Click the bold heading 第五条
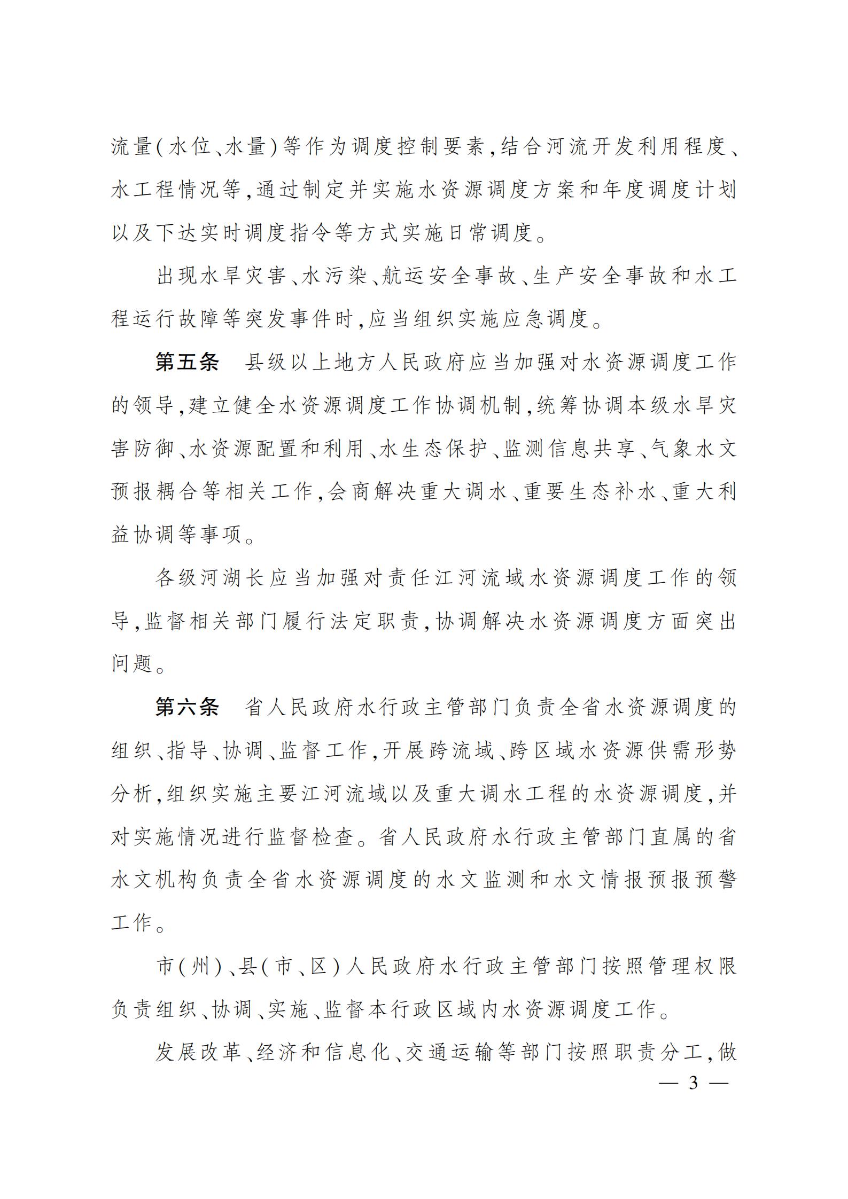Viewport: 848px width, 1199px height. (187, 362)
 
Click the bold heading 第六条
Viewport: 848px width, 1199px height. (187, 708)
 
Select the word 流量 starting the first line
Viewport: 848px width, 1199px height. (133, 146)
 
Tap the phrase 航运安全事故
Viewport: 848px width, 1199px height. (448, 276)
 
